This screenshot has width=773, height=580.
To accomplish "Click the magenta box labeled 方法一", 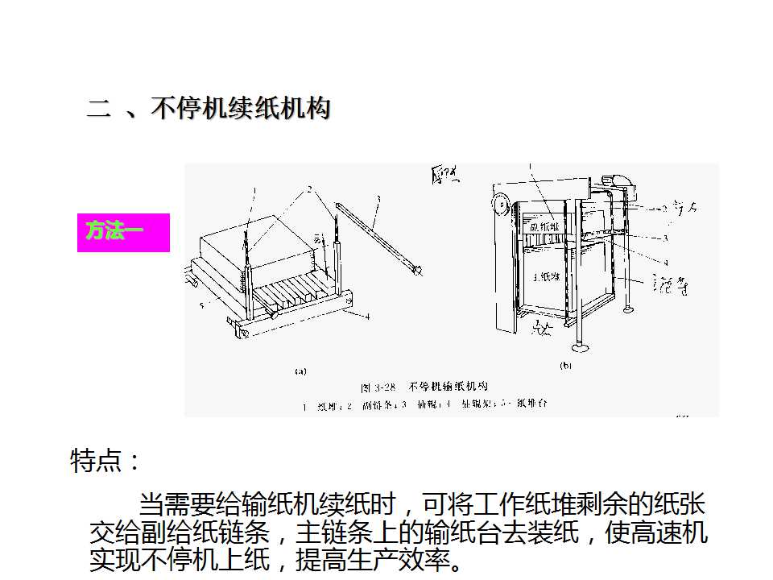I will coord(123,232).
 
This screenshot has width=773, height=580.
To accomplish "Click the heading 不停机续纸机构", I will coord(240,109).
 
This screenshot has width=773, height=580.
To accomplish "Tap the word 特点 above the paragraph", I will coord(97,462).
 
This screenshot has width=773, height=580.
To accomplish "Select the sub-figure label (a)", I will coord(300,371).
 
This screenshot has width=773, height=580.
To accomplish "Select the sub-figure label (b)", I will coord(564,365).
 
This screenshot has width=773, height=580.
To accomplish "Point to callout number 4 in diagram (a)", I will coord(367,317).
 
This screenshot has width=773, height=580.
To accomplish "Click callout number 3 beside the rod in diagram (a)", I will coord(378,197).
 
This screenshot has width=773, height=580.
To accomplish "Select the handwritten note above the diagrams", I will coord(444,174).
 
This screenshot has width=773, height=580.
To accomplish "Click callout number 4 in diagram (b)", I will coord(666,262).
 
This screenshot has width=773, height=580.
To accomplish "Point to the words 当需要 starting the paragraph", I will coord(176,506).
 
